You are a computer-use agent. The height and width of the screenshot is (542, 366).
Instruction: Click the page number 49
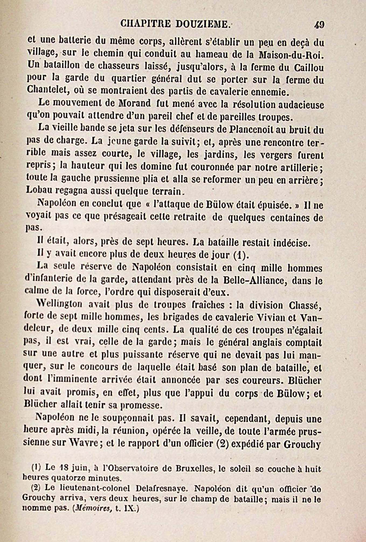click(x=319, y=25)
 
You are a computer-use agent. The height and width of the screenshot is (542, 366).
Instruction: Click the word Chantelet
click(x=47, y=90)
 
